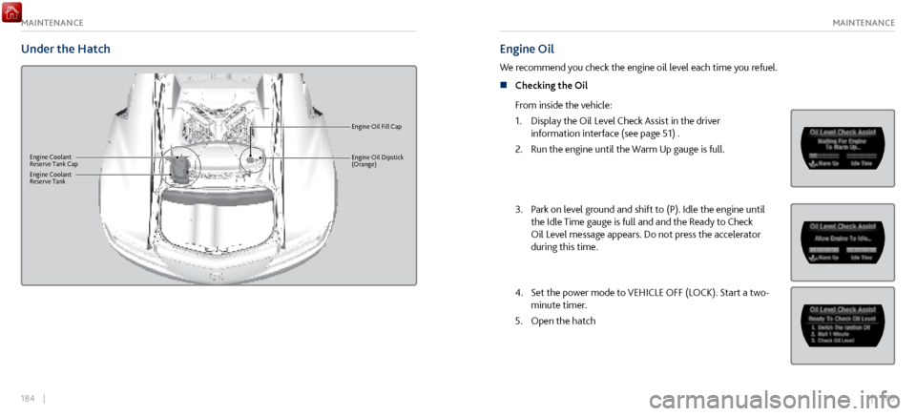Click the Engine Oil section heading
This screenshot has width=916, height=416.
pyautogui.click(x=527, y=49)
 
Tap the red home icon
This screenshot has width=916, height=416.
pyautogui.click(x=11, y=11)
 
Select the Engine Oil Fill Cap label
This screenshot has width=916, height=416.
pyautogui.click(x=376, y=126)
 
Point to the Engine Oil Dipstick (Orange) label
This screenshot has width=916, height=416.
pyautogui.click(x=377, y=160)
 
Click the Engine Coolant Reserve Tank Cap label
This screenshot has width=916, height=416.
pyautogui.click(x=53, y=160)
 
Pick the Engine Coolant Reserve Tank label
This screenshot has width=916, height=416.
pyautogui.click(x=48, y=178)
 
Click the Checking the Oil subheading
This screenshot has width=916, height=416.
pyautogui.click(x=552, y=86)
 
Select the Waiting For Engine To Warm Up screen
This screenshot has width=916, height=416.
pyautogui.click(x=842, y=148)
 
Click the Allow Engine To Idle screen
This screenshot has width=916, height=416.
pyautogui.click(x=842, y=241)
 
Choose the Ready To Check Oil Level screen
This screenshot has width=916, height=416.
pyautogui.click(x=842, y=324)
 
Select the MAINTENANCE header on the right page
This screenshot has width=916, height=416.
pyautogui.click(x=863, y=22)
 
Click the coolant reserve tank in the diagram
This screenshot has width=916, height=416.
pyautogui.click(x=178, y=168)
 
